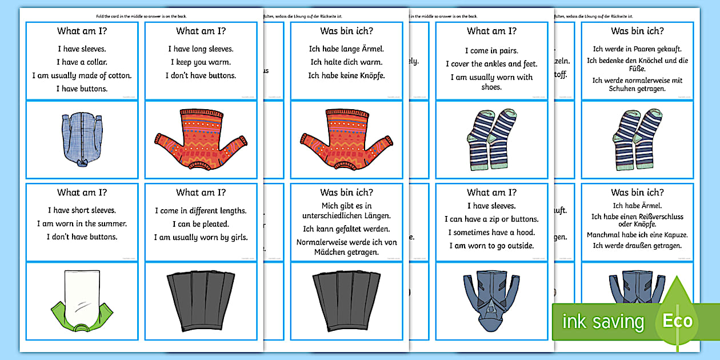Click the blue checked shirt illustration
(82, 140)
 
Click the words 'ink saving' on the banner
(602, 322)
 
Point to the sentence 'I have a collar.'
(82, 62)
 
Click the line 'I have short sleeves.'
(82, 210)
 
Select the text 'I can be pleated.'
(200, 224)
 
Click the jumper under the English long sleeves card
(200, 140)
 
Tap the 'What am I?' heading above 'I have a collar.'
(82, 31)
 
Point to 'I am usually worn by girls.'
(200, 237)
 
